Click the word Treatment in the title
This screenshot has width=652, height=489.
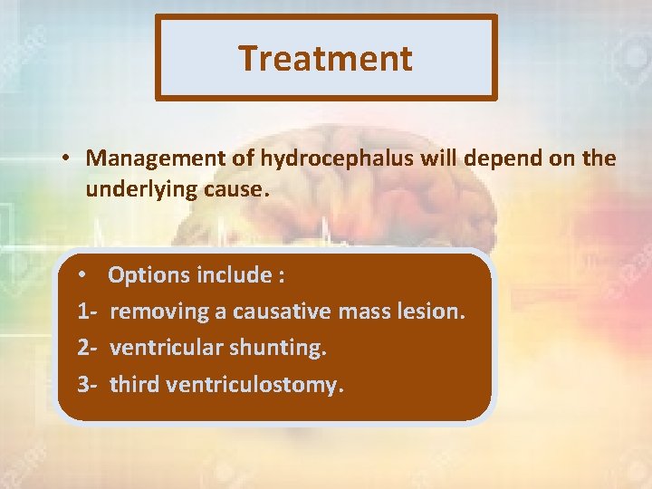[325, 58]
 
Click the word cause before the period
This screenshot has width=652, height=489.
[237, 190]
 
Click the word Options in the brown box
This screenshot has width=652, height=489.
[148, 274]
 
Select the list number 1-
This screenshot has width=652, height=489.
[88, 312]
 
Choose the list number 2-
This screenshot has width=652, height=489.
[88, 348]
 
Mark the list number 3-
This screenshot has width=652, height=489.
[88, 385]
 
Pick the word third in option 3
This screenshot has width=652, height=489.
[130, 385]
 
